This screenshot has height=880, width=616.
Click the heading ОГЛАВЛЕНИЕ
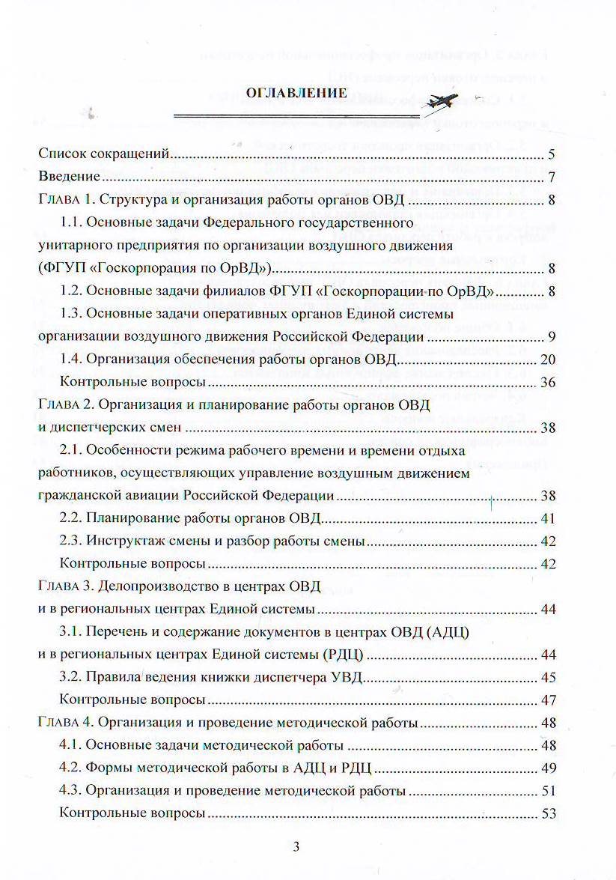(297, 93)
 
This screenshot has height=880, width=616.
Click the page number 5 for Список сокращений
(551, 155)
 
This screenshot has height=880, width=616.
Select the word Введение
(70, 177)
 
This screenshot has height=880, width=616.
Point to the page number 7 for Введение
(551, 177)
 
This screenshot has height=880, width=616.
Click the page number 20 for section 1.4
(548, 359)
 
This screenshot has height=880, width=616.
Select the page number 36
(548, 383)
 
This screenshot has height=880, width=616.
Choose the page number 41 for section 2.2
(548, 518)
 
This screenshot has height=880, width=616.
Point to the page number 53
(548, 813)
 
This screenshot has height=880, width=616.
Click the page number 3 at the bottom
(296, 848)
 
